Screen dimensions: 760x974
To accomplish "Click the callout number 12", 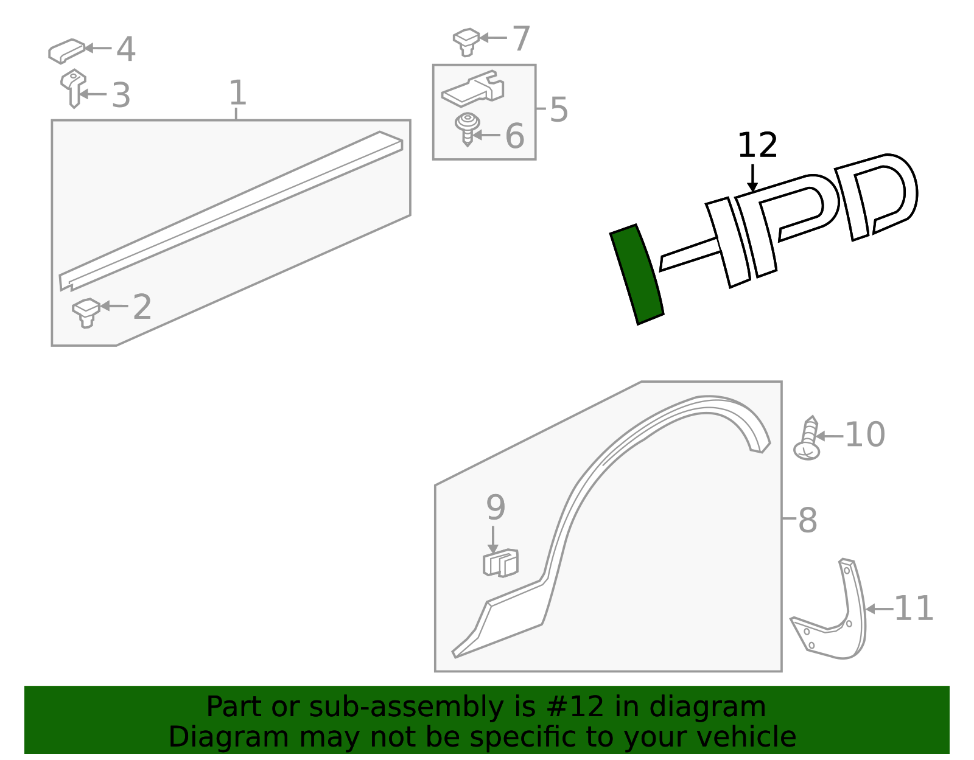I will pos(757,146).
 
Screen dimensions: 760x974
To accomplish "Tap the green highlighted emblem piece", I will pos(637,274).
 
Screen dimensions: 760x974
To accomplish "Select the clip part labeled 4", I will pos(66,51).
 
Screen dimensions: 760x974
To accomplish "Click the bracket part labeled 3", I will pos(73,88).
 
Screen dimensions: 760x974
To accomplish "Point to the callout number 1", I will pos(237,93).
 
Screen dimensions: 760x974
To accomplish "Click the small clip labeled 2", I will pos(86,312).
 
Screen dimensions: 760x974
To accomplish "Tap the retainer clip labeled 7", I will pos(466,41).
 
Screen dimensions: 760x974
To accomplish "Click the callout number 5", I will pos(558,110).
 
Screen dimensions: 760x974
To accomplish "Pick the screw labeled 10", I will pos(808,439).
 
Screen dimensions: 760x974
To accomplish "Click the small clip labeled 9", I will pos(500,563).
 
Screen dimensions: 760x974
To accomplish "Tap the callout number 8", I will pos(807,521).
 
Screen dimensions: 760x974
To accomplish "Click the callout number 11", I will pos(913,608).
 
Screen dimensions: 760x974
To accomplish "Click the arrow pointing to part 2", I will pos(114,306).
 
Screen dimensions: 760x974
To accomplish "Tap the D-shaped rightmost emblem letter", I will pos(877,195).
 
